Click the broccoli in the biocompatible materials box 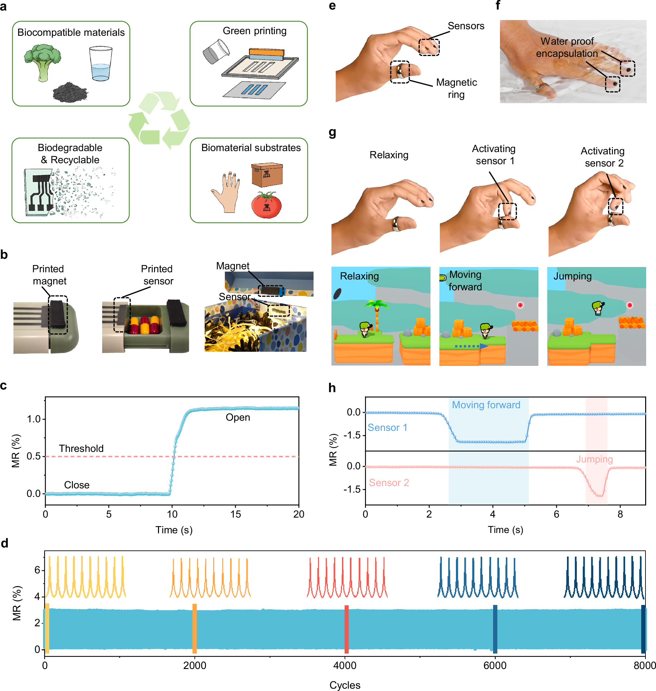(42, 61)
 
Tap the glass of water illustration (101, 64)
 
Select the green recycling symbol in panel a (159, 121)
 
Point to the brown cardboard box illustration (267, 174)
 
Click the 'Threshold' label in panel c (81, 448)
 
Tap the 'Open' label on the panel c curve (238, 417)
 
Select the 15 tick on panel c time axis (235, 514)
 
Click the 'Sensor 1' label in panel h (387, 428)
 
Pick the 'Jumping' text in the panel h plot (595, 459)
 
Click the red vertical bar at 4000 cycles (346, 629)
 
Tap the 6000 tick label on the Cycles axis (495, 665)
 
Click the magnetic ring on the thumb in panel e (399, 71)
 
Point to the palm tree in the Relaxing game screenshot (376, 313)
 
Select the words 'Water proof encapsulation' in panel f (567, 47)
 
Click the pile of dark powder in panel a (70, 92)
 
